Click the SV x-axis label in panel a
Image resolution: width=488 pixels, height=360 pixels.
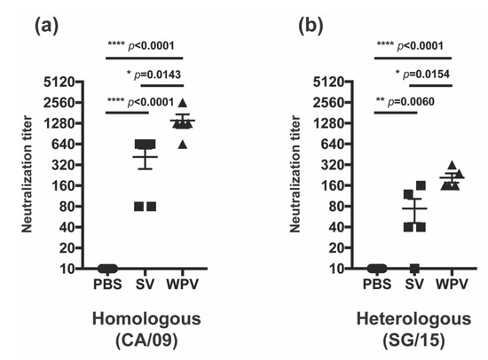tap(146, 285)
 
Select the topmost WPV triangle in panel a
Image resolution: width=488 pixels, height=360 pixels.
tap(182, 104)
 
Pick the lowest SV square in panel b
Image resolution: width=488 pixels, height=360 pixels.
tap(413, 268)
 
